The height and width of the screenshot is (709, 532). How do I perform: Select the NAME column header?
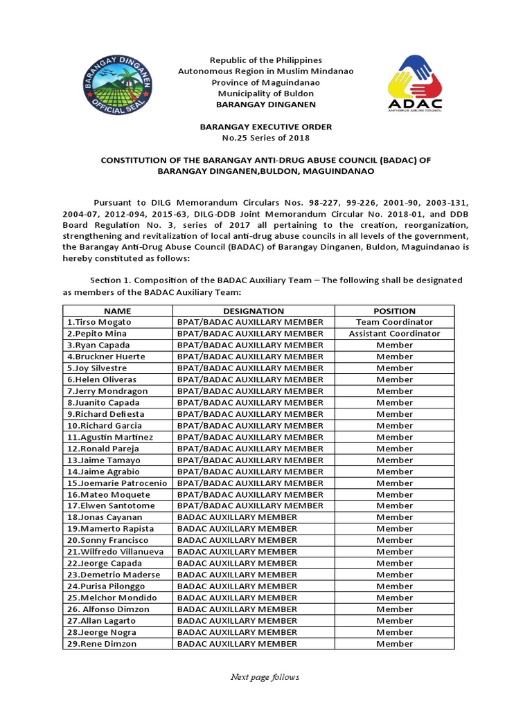[118, 311]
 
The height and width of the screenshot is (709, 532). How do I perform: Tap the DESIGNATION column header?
[254, 311]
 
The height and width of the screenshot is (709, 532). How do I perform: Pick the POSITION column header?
[394, 311]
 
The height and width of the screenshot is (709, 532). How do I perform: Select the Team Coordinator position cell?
[394, 322]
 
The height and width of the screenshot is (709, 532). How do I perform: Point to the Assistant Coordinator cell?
[394, 334]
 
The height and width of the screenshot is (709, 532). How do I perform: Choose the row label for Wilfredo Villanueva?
[116, 552]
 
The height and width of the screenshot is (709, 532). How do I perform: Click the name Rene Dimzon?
[102, 644]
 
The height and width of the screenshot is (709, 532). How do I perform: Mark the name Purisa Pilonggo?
[106, 586]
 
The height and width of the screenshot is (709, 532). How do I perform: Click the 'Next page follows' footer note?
[265, 677]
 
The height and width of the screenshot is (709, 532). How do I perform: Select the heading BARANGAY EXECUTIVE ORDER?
[266, 127]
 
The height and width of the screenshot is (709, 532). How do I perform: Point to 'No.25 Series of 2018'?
[266, 138]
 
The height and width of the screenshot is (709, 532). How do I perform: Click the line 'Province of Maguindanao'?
[266, 82]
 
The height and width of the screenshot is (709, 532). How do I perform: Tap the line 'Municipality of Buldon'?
[266, 93]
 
